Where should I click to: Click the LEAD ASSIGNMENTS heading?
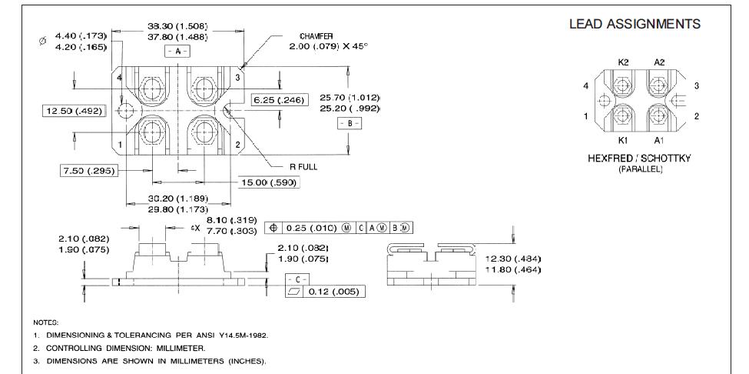(635, 24)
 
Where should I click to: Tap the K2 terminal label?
(623, 62)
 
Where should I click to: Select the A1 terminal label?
(659, 140)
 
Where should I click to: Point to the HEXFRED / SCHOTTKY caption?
(639, 159)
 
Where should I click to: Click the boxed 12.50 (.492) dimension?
(74, 111)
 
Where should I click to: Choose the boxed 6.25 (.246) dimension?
(280, 100)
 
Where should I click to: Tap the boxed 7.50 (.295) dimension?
(89, 170)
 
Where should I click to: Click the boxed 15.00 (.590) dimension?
(268, 182)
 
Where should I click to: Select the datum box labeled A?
(177, 51)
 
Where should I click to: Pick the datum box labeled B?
(350, 123)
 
